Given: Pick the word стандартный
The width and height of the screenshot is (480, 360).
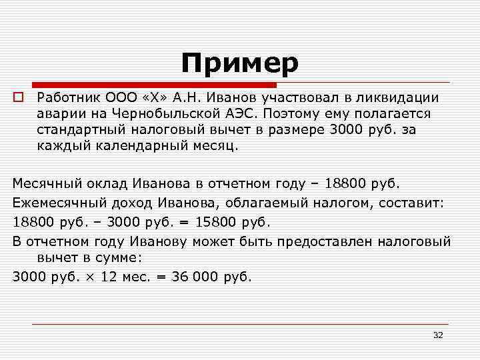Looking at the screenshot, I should coord(79,129).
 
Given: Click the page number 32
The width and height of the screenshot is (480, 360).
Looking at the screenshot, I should coord(437,334).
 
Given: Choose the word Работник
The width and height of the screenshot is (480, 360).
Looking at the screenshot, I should coord(65,97).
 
